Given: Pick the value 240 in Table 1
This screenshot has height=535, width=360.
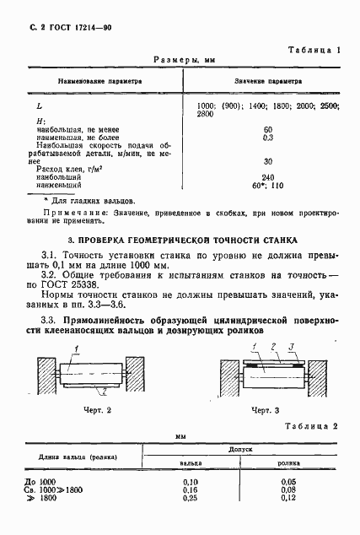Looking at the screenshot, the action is click(268, 176).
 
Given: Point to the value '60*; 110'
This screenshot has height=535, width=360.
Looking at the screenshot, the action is click(268, 185).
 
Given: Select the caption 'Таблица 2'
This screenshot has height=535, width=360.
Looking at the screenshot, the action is click(313, 427).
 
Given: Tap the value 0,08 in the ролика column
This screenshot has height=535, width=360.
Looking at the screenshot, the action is click(288, 489).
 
